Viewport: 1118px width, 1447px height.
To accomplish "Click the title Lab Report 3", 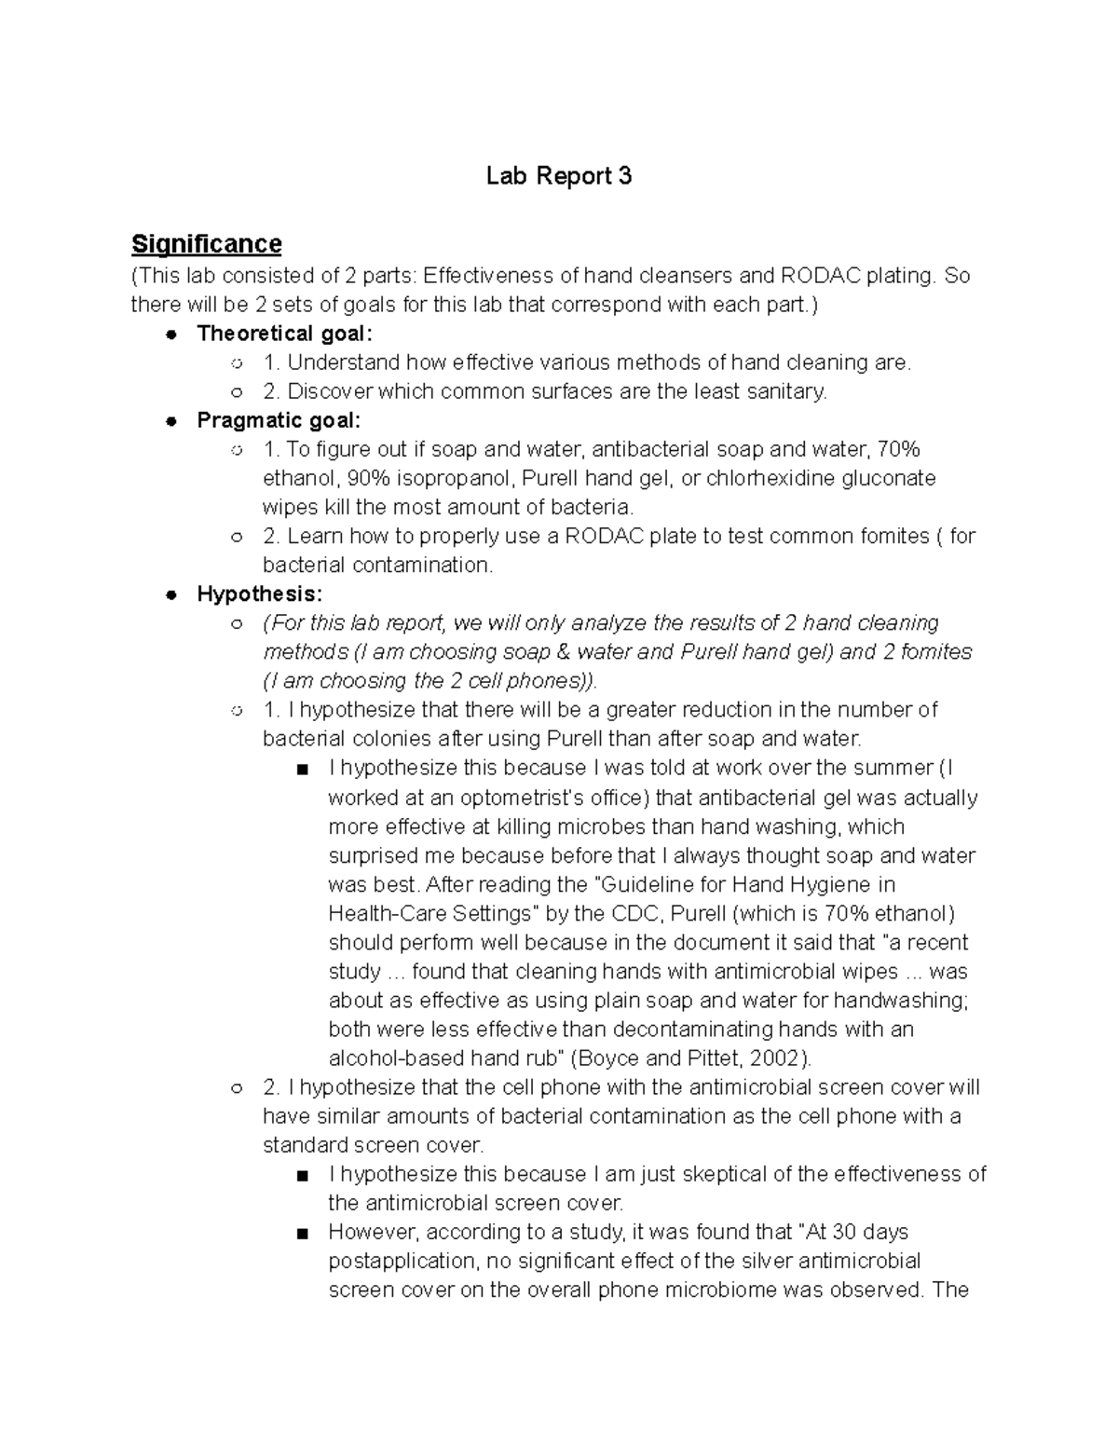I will (x=559, y=176).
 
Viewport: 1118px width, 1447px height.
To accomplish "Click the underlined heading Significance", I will (x=206, y=244).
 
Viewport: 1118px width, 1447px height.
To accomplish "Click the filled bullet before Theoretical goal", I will (x=170, y=334).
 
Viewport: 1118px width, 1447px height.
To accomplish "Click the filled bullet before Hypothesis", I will (x=170, y=594).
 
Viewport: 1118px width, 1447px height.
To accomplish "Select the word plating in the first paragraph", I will (x=899, y=276).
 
